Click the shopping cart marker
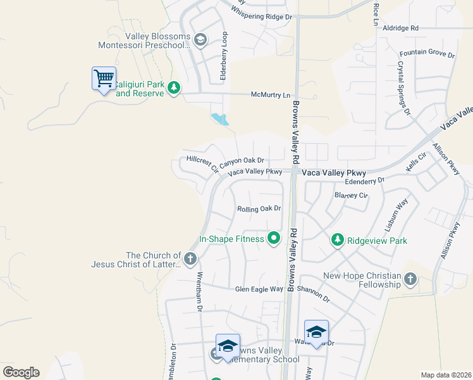104,79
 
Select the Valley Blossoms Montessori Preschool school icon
200,41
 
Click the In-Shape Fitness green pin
274,239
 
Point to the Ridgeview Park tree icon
338,239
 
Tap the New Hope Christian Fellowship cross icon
410,279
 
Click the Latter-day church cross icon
190,258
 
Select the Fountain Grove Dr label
427,55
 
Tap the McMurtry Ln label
271,95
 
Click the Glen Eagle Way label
259,289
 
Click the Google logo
21,372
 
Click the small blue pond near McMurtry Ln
219,118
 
